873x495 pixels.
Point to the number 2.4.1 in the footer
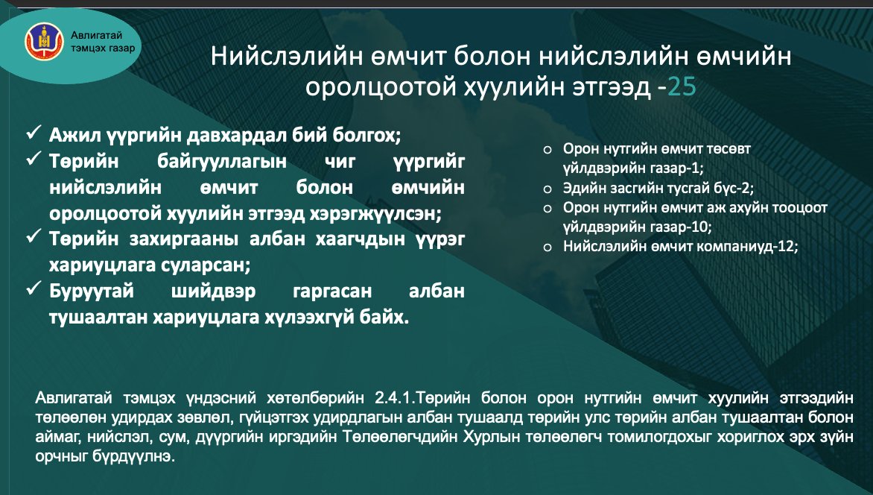point(387,398)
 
